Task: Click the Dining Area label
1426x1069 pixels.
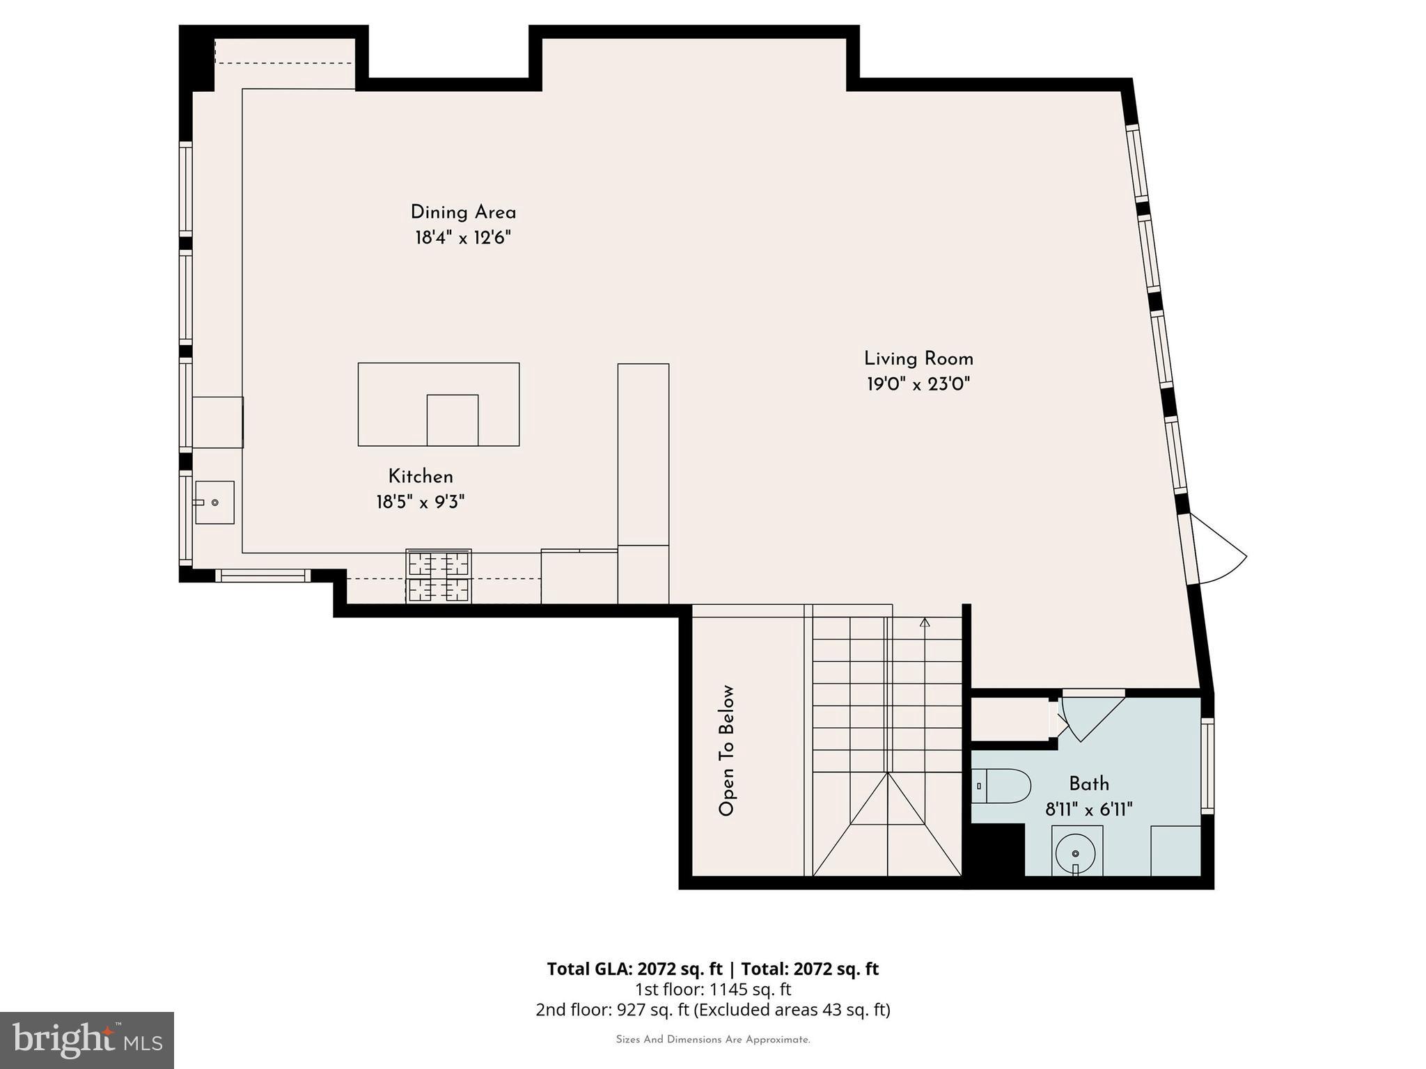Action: pyautogui.click(x=463, y=212)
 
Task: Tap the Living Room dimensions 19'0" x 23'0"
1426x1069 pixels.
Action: pyautogui.click(x=918, y=384)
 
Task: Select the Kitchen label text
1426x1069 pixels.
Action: pyautogui.click(x=421, y=477)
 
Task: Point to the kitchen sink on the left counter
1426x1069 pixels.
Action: pyautogui.click(x=214, y=502)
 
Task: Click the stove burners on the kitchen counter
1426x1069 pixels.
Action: pyautogui.click(x=439, y=576)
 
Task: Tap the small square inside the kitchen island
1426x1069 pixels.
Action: pyautogui.click(x=452, y=420)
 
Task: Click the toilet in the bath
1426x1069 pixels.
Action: pyautogui.click(x=1001, y=786)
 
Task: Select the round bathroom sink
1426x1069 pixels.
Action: pyautogui.click(x=1076, y=853)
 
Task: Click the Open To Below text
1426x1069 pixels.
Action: pyautogui.click(x=726, y=750)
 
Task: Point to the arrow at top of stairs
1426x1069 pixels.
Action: pyautogui.click(x=925, y=623)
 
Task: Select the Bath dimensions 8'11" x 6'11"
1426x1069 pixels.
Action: pyautogui.click(x=1088, y=809)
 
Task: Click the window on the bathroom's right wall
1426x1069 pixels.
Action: pyautogui.click(x=1207, y=766)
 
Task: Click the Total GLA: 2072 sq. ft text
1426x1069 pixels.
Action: pyautogui.click(x=635, y=969)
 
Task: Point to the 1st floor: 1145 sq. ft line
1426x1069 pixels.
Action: pyautogui.click(x=712, y=989)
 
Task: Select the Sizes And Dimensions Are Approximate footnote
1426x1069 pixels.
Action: pyautogui.click(x=712, y=1040)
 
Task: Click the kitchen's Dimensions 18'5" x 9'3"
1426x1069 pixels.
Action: pyautogui.click(x=421, y=502)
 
